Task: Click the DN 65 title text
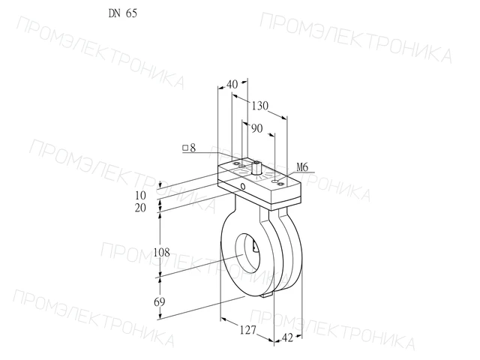click(123, 13)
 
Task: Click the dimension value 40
click(232, 84)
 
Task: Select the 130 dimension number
click(260, 106)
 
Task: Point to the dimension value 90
click(256, 128)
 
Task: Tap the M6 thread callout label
click(302, 167)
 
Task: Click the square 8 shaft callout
click(189, 148)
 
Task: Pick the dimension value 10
click(140, 195)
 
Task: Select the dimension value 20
click(140, 208)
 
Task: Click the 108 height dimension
click(162, 253)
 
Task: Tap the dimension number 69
click(159, 302)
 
